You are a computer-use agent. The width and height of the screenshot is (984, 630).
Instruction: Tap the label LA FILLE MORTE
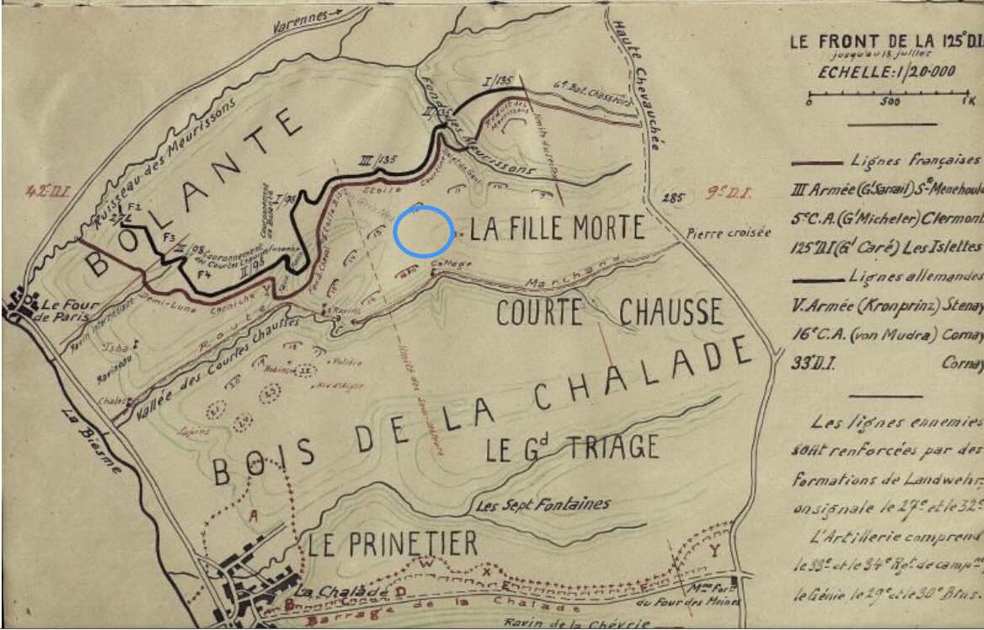click(x=557, y=228)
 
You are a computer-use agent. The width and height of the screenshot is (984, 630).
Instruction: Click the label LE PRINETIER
click(x=392, y=544)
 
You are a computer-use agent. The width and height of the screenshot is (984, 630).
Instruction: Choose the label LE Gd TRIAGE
click(x=572, y=448)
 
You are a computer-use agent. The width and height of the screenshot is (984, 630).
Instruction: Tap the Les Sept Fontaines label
click(x=543, y=505)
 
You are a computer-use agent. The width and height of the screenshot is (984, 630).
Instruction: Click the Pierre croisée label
click(x=729, y=232)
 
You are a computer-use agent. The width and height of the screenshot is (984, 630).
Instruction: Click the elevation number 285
click(x=673, y=199)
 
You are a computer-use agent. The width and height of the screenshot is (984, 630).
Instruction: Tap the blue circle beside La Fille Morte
click(x=422, y=232)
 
